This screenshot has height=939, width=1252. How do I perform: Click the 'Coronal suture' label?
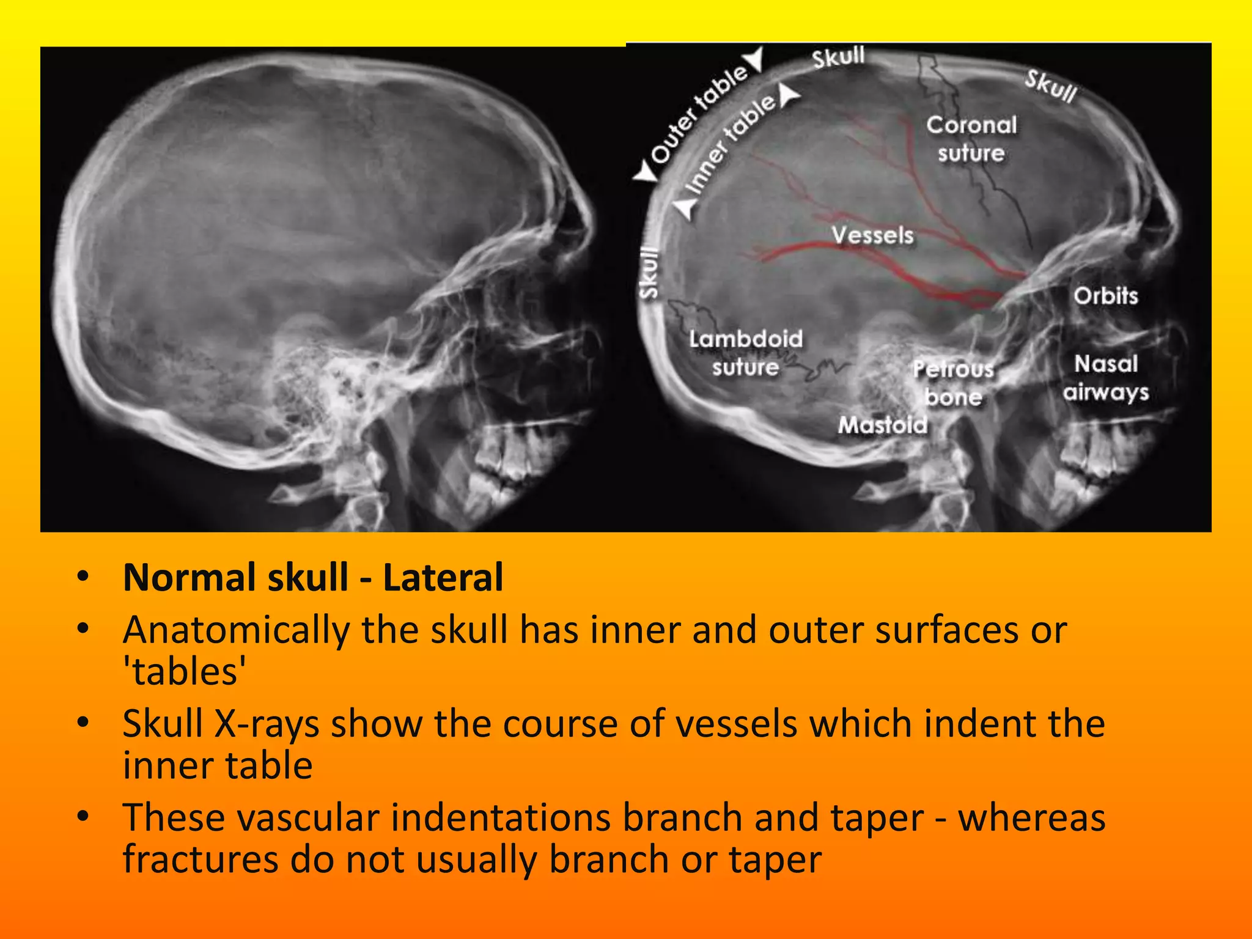coord(971,139)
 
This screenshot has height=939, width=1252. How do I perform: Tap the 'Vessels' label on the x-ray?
coord(872,235)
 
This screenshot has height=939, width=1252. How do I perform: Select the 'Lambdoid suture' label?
coord(746,353)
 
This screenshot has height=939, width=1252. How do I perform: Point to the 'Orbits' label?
coord(1106,296)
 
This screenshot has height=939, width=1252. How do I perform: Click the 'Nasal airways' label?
coord(1106,378)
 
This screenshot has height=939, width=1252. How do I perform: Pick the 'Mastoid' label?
coord(882,424)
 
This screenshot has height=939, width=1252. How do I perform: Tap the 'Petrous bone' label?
coord(953,383)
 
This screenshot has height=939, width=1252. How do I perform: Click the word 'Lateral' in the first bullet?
coord(443,577)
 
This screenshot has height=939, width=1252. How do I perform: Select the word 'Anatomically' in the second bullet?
coord(236,630)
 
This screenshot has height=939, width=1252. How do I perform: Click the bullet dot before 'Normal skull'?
coord(83,576)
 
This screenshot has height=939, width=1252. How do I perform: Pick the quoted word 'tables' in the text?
coord(185,672)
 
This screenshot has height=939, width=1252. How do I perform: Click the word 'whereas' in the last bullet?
coord(1031,817)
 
